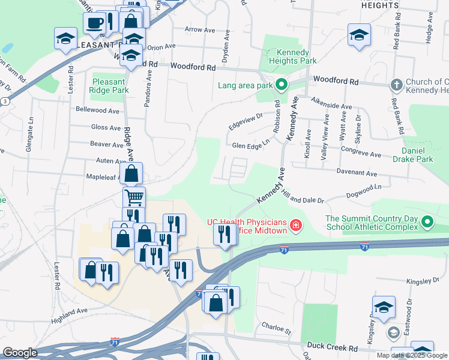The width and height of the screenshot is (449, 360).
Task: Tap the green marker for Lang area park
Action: (x=280, y=85)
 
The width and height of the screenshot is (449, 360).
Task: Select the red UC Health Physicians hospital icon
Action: (x=295, y=226)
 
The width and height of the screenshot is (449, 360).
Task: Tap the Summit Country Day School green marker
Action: (x=427, y=223)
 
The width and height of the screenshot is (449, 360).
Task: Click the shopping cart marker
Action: (x=134, y=196)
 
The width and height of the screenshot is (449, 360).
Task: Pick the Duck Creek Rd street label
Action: (x=332, y=346)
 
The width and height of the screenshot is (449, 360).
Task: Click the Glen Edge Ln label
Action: (x=249, y=145)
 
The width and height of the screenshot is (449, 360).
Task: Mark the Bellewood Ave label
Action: (x=98, y=110)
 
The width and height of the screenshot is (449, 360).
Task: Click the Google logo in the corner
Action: (x=20, y=353)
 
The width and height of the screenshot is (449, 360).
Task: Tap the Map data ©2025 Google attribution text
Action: (x=412, y=355)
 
